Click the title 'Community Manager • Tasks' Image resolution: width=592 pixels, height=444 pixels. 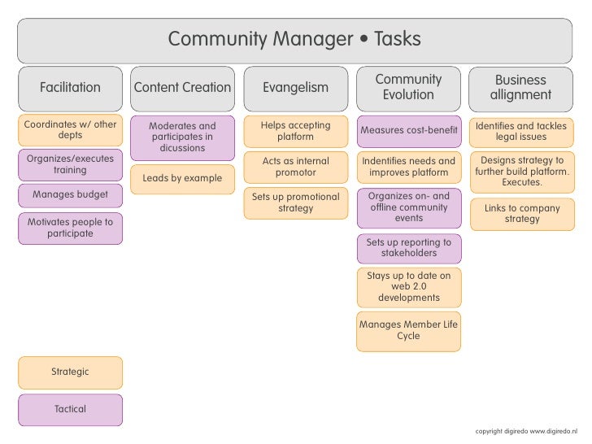click(x=294, y=39)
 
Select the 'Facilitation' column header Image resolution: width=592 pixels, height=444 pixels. click(x=70, y=88)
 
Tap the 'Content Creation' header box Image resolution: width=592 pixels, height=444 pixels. click(x=182, y=88)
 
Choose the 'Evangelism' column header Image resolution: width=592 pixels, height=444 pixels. click(x=295, y=88)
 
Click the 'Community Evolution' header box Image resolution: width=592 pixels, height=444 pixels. click(x=408, y=88)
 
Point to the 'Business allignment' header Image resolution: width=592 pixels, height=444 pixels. click(x=520, y=88)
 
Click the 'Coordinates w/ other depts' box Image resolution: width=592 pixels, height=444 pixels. click(x=70, y=130)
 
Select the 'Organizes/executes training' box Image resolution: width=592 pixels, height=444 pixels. click(x=70, y=164)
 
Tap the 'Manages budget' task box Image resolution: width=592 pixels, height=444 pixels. click(x=70, y=195)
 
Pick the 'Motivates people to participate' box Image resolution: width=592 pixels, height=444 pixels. click(x=70, y=228)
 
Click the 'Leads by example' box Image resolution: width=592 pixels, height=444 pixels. click(x=182, y=178)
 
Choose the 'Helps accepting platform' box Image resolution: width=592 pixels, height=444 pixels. click(x=295, y=131)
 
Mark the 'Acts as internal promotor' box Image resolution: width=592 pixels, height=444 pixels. click(x=295, y=167)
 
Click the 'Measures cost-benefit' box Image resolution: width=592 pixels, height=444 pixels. click(x=408, y=131)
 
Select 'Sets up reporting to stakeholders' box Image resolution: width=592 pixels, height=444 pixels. click(x=408, y=248)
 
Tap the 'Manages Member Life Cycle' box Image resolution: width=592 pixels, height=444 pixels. click(x=408, y=330)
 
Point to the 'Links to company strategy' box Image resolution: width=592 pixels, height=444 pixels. click(x=521, y=214)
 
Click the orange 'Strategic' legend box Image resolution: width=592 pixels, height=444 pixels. click(x=70, y=372)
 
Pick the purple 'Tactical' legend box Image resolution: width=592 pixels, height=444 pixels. click(x=70, y=410)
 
